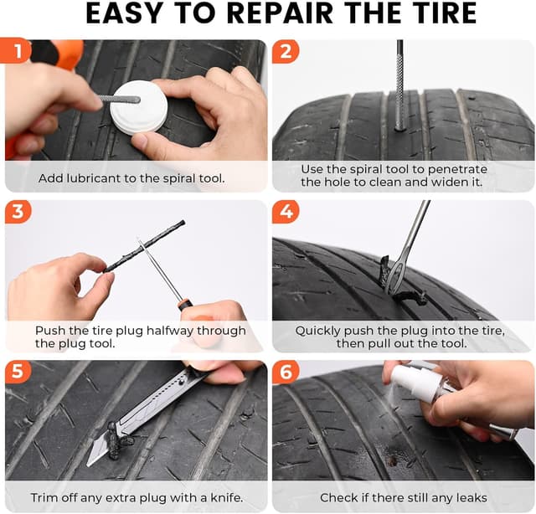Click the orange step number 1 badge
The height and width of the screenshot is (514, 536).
18,52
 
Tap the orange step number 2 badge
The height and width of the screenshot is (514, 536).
285,52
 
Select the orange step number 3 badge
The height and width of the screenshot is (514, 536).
18,212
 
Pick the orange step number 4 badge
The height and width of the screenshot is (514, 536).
285,212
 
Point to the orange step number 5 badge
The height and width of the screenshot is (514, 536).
18,372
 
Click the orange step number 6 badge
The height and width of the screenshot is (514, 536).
285,372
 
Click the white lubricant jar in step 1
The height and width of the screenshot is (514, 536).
139,106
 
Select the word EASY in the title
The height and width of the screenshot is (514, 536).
126,13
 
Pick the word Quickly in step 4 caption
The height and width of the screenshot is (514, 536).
321,331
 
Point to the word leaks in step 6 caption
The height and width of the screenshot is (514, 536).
468,497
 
